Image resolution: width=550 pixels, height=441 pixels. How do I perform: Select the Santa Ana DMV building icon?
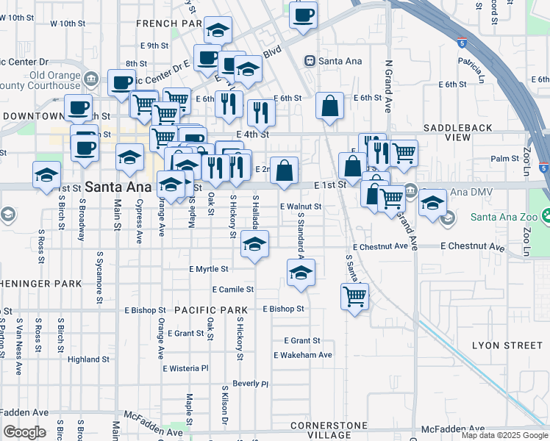pos(410,192)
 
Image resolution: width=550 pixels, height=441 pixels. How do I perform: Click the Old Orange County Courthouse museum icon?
pos(91,78)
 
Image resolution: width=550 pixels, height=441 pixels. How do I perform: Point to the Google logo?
pos(24,432)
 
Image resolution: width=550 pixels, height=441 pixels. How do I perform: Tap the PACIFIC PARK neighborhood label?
pos(204,310)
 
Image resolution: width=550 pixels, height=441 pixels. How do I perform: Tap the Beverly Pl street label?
pos(250,384)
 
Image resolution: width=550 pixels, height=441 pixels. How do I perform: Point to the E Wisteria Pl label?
pos(185,368)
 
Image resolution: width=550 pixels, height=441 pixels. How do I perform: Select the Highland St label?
pos(88,359)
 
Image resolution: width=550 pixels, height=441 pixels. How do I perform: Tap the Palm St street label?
pos(505,159)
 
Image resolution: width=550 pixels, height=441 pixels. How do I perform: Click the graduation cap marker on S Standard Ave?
pos(301,272)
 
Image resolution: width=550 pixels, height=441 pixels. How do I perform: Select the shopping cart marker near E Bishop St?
pos(354,297)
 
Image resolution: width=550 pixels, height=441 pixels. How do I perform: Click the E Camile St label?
pos(232,290)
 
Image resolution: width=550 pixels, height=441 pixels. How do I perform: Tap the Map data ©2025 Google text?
pos(504,435)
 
